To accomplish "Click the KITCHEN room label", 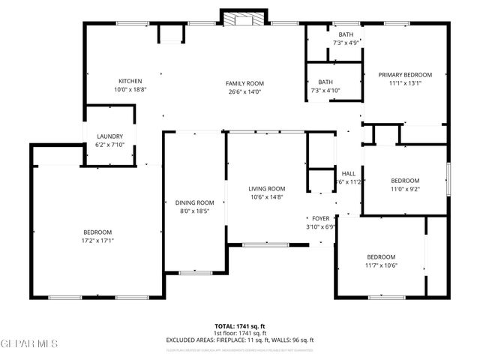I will [130, 81].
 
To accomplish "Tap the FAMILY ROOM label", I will [245, 83].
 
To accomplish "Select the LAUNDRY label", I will [109, 136].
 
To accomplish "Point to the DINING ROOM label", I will [195, 202].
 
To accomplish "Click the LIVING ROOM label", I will [267, 189].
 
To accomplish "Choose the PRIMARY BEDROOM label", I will [405, 75].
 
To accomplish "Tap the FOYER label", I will [321, 218].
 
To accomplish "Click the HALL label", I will [349, 173].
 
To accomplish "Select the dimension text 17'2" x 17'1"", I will [97, 240].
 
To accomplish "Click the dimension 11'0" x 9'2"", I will [405, 190].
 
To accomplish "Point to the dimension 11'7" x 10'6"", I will [381, 265].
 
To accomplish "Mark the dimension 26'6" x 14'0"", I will [245, 91].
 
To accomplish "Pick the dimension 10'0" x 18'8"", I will [130, 89].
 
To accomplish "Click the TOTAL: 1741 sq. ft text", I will [240, 326].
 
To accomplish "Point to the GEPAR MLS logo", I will [28, 344].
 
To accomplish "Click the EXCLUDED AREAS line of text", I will [240, 340].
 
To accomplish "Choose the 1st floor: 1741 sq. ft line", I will [240, 333].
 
